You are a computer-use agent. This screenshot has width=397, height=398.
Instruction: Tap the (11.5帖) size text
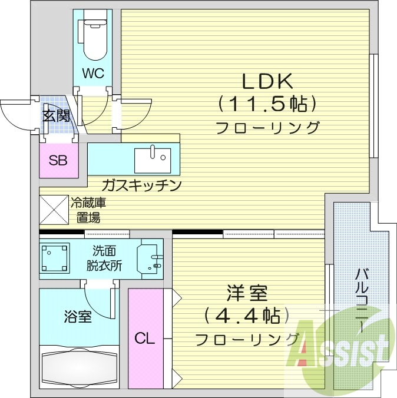click(x=268, y=105)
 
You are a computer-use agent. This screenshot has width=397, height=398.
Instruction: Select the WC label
click(x=93, y=74)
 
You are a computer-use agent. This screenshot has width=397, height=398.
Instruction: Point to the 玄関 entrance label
click(x=56, y=115)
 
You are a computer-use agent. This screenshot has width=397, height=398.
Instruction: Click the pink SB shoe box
click(x=58, y=161)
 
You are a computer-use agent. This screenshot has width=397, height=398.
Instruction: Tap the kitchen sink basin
click(x=153, y=158)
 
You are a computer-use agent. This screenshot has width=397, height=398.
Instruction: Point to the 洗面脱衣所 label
click(x=107, y=258)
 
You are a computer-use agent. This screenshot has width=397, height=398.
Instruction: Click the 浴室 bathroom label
click(x=77, y=317)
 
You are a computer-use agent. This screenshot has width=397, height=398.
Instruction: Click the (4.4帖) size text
click(x=247, y=316)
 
